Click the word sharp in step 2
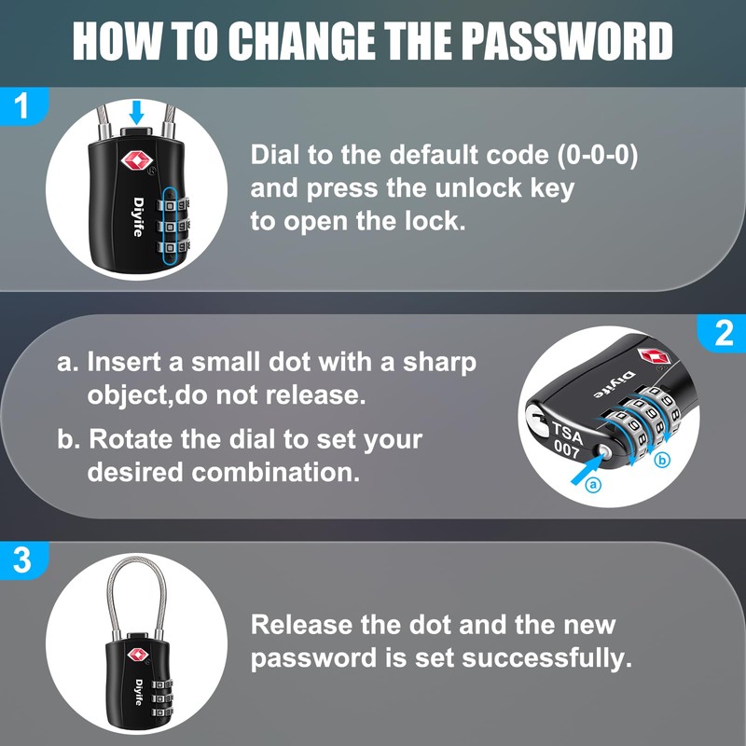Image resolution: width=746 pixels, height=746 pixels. (439, 361)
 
